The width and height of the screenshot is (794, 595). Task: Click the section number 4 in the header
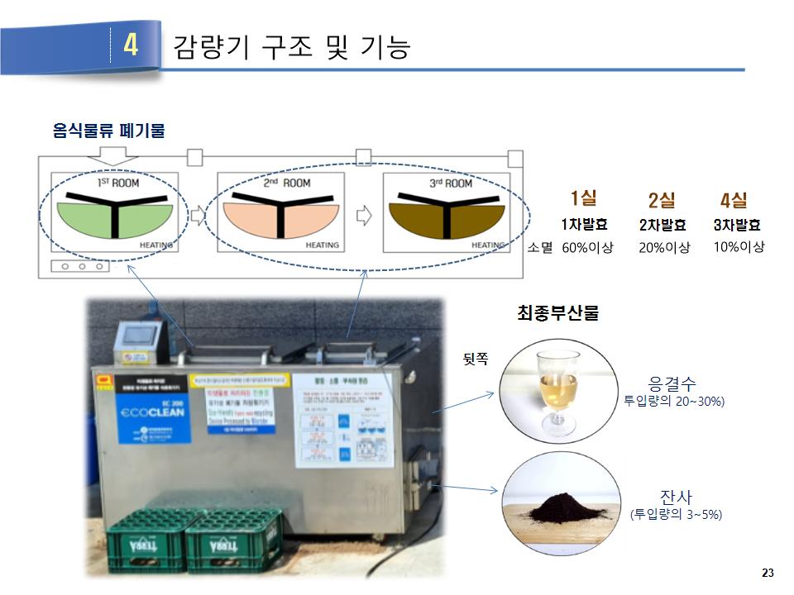click(131, 45)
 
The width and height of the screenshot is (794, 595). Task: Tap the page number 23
click(767, 573)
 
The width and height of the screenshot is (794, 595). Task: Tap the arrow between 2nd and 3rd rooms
click(363, 215)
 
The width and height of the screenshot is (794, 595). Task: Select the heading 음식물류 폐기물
click(108, 131)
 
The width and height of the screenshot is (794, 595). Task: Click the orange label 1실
click(584, 198)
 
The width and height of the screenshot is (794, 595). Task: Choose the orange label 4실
click(734, 200)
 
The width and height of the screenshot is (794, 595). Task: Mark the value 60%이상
click(588, 247)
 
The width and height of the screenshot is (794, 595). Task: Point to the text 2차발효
click(662, 225)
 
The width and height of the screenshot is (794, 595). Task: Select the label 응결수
click(672, 384)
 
